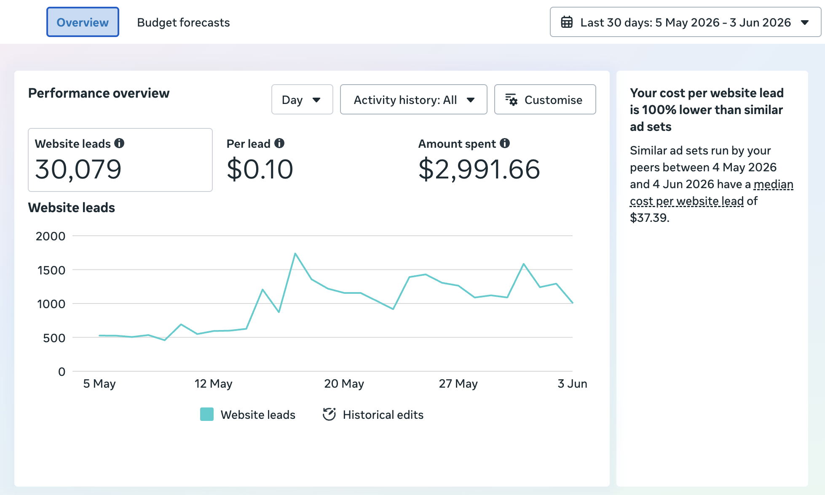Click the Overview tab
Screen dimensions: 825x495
[83, 22]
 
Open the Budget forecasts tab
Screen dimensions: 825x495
[183, 22]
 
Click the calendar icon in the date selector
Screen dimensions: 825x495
[567, 22]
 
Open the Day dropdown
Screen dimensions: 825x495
[302, 99]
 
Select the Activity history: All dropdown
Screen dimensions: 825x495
[413, 99]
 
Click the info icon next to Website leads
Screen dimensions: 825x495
[120, 143]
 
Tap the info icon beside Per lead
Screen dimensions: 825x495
[279, 143]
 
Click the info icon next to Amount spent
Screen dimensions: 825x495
[505, 143]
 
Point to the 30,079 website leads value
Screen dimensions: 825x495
[78, 169]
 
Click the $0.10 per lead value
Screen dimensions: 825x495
[260, 169]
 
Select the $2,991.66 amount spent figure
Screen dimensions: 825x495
[479, 169]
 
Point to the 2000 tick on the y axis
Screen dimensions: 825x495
[51, 236]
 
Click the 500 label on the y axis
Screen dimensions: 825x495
[54, 338]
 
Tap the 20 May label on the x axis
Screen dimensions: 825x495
[344, 383]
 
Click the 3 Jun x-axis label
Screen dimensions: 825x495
[572, 383]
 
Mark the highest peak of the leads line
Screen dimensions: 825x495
[295, 253]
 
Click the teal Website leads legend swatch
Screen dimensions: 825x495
[207, 414]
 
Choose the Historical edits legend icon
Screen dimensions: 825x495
[329, 414]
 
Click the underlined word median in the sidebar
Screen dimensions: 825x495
[774, 184]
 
